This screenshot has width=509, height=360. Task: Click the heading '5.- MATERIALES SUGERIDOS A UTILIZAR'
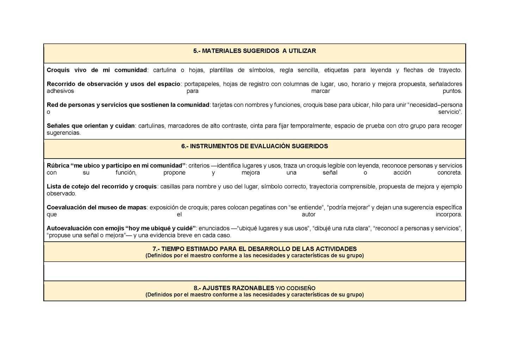[254, 51]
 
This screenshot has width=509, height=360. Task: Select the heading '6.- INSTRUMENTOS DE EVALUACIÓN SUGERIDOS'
[254, 146]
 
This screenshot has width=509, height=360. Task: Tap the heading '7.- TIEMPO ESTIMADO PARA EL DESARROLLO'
[254, 249]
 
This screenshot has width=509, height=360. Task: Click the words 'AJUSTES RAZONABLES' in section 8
[238, 288]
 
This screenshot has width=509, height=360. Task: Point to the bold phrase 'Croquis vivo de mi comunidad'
[97, 70]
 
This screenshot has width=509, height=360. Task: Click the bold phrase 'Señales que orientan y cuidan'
[91, 126]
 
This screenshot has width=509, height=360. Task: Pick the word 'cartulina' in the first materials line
[165, 70]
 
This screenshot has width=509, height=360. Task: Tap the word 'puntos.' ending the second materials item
[452, 91]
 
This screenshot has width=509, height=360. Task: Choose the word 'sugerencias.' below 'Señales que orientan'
[64, 133]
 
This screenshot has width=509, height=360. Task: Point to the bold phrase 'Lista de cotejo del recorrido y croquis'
[101, 186]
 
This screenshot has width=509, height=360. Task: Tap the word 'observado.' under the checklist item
[62, 193]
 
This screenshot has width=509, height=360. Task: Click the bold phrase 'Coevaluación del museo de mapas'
[97, 207]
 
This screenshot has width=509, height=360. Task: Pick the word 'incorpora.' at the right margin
[448, 214]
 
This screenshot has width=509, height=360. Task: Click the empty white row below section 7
[254, 271]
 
